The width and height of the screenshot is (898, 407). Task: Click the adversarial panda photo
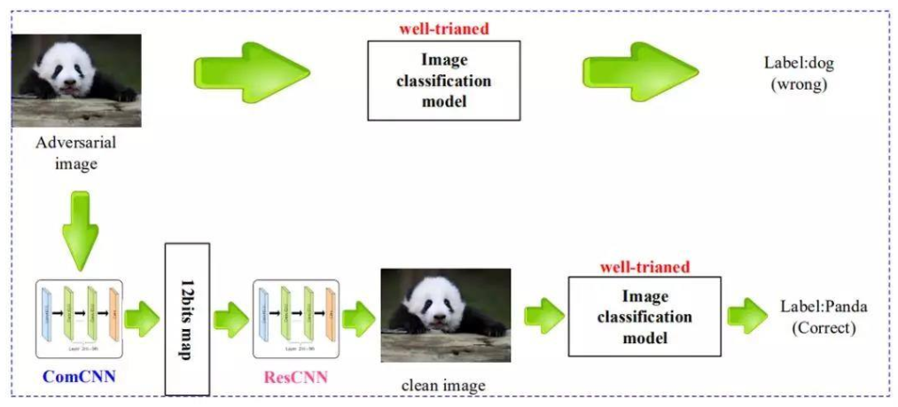76,81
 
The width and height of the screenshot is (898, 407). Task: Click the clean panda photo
445,315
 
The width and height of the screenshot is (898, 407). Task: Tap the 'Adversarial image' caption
76,152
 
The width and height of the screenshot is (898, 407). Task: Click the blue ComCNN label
79,378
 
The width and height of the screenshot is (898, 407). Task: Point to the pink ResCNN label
295,378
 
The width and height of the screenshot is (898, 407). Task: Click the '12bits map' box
187,318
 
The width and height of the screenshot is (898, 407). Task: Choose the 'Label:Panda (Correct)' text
824,317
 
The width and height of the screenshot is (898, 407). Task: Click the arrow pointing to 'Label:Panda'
746,315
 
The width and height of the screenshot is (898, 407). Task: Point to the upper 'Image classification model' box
443,81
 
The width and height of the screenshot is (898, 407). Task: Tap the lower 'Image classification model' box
644,317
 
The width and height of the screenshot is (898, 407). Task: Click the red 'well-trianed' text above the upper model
444,28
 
